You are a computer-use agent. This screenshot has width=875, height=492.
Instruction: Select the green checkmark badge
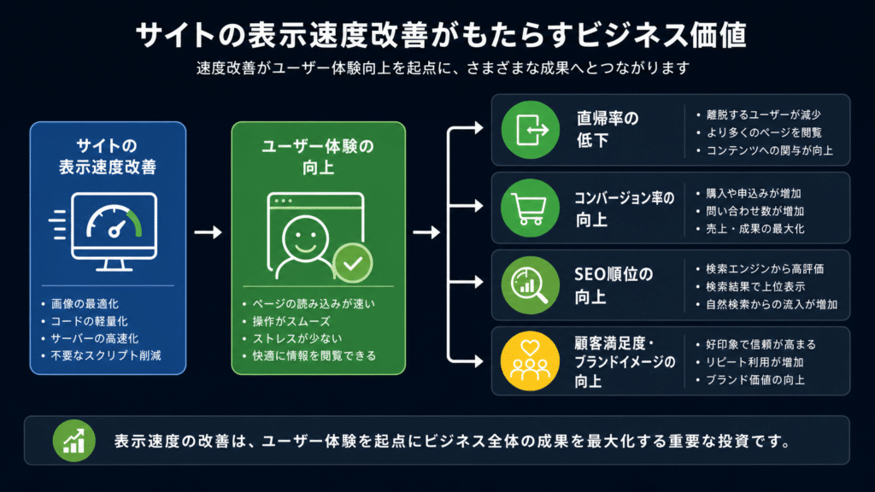tap(353, 263)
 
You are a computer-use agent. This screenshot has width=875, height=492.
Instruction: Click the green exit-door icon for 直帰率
tap(530, 130)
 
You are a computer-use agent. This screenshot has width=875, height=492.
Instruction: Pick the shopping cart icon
tap(530, 208)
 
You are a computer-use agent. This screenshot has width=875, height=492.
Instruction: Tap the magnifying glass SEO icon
tap(530, 285)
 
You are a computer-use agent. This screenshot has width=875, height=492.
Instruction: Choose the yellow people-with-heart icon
tap(530, 361)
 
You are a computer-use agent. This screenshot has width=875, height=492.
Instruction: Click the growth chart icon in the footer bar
tap(74, 441)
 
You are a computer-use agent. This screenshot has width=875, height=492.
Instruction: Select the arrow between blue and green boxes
tap(208, 232)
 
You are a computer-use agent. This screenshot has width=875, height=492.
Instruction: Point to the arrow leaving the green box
tap(426, 232)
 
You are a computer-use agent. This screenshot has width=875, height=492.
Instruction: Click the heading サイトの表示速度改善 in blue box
tap(108, 157)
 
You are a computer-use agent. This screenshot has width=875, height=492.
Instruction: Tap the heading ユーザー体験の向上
tap(318, 157)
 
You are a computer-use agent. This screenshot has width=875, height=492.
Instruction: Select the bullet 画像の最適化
tap(85, 304)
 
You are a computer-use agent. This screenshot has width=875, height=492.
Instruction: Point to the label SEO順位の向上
tap(614, 285)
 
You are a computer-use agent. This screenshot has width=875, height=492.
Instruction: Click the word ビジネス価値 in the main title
tap(661, 35)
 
